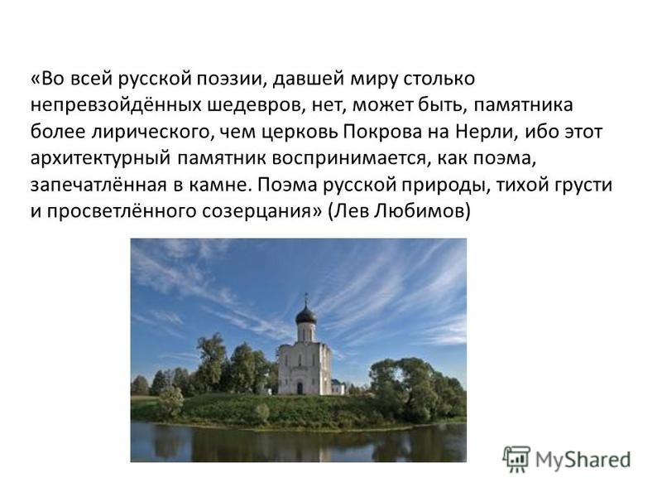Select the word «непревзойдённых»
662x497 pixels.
(116, 105)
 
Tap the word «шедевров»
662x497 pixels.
(256, 106)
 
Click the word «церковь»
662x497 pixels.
(300, 133)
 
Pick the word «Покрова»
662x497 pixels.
(382, 132)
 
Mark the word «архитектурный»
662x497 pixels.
(100, 159)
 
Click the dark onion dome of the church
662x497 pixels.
(306, 315)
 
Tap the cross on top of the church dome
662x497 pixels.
(306, 297)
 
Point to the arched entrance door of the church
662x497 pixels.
(300, 388)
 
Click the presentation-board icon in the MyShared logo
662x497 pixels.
(516, 459)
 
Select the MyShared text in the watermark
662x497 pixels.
(583, 460)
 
